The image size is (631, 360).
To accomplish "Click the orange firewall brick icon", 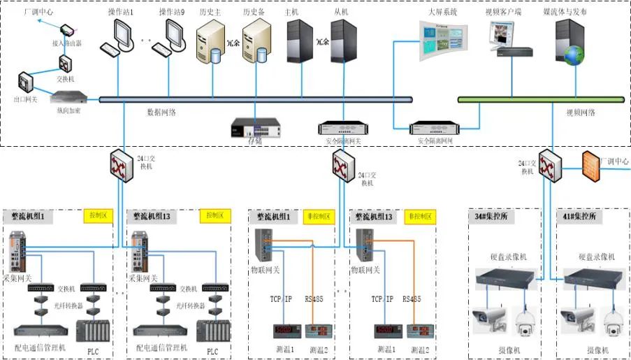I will pos(592,164).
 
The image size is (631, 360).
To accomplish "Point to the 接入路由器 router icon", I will pos(68,31).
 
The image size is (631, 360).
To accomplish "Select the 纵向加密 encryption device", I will pos(68,99).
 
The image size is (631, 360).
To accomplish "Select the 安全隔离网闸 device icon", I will pos(435,128).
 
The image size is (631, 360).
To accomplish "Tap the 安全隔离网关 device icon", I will pos(342,128).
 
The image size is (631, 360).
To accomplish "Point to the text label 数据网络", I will pos(161,112).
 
